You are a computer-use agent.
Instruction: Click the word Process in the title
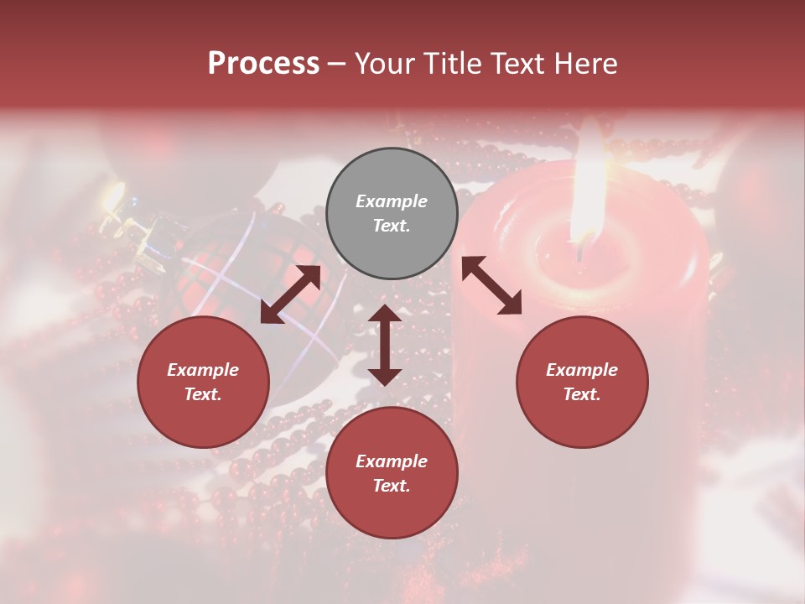[263, 64]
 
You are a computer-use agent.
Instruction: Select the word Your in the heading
[385, 64]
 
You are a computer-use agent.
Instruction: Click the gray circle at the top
[392, 213]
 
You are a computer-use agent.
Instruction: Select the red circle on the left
[203, 382]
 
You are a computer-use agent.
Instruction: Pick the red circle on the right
[582, 382]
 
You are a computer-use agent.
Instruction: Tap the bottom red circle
[392, 472]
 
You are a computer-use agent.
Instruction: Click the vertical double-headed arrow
[385, 345]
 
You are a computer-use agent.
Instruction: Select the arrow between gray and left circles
[290, 294]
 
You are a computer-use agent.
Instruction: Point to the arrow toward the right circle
[491, 286]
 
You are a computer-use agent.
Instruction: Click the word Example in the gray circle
[392, 201]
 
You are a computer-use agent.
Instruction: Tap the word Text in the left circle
[203, 394]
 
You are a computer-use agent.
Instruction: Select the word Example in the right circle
[582, 370]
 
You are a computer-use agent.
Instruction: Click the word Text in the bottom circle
[392, 486]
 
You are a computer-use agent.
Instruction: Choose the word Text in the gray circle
[392, 226]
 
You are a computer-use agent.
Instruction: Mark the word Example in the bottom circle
[392, 461]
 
